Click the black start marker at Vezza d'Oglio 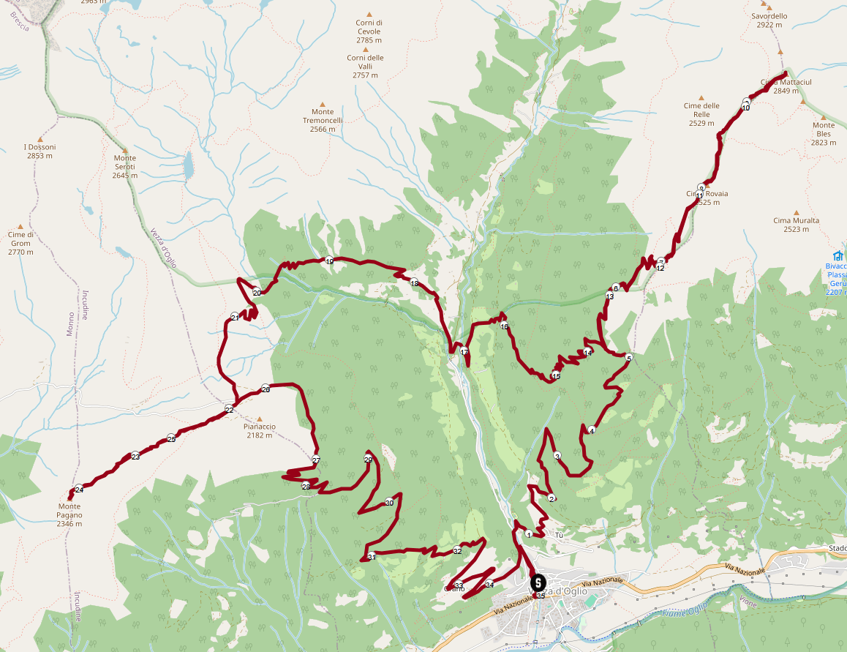click(538, 584)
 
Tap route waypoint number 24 click(79, 489)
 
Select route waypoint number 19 click(329, 261)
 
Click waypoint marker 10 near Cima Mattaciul click(746, 107)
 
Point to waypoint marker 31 click(372, 557)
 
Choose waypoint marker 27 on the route click(316, 460)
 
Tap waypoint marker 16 click(504, 326)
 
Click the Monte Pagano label click(70, 511)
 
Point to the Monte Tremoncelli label click(323, 121)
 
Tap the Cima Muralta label click(796, 225)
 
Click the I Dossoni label click(39, 151)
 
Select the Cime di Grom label click(20, 243)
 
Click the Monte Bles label click(823, 134)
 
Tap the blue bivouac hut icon click(838, 256)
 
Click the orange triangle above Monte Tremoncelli click(323, 104)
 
